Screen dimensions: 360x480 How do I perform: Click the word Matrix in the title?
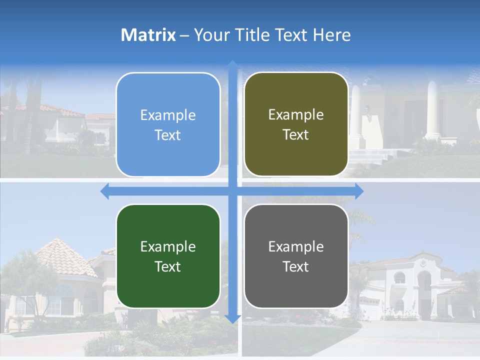click(x=148, y=35)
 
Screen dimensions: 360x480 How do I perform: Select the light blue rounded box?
click(x=168, y=124)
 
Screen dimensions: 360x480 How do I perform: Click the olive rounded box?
click(x=296, y=124)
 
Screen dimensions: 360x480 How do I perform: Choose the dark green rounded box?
click(x=168, y=256)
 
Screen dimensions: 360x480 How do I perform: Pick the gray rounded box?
click(x=296, y=256)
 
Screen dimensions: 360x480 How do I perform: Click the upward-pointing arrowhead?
click(x=232, y=64)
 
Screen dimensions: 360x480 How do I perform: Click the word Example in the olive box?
click(x=296, y=114)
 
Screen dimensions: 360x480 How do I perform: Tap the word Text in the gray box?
click(x=296, y=266)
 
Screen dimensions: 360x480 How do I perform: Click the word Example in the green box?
click(x=168, y=246)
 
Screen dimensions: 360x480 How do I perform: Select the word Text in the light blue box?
click(x=168, y=135)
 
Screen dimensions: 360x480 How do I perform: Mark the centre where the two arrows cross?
click(x=232, y=191)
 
